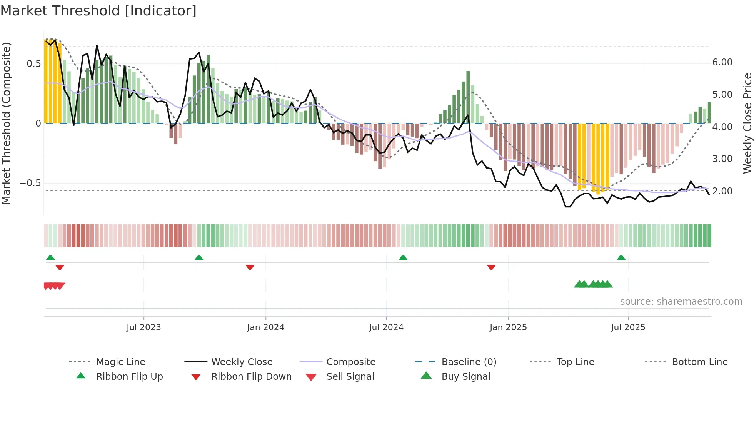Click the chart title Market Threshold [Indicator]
point(98,11)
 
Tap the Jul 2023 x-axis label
point(143,327)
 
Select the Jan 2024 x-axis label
point(265,327)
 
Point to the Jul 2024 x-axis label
point(386,327)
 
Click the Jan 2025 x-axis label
point(508,327)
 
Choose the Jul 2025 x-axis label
point(628,327)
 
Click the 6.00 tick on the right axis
point(722,62)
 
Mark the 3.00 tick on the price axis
point(722,159)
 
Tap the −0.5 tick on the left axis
point(30,183)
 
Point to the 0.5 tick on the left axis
point(33,64)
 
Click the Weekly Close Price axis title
point(747,123)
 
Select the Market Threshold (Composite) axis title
point(6,123)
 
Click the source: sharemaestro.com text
point(681,302)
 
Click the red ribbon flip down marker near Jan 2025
point(491,267)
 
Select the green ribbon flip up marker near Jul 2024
point(403,257)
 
